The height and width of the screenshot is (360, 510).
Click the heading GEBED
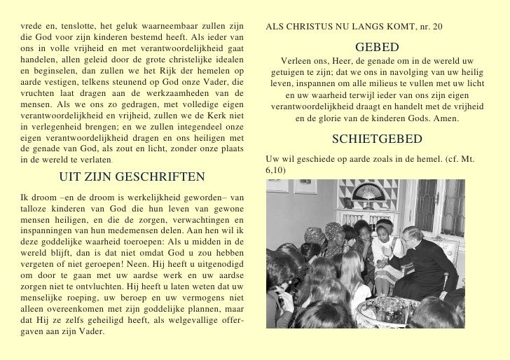coord(376,48)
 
